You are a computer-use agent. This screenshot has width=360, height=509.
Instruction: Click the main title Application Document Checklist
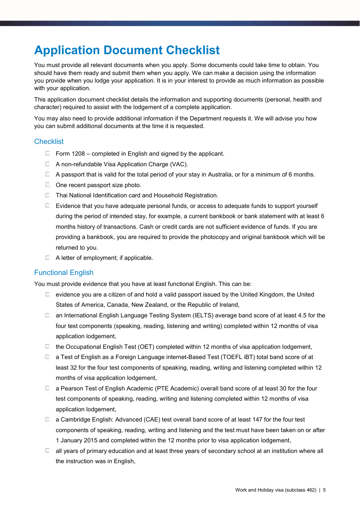pos(127,50)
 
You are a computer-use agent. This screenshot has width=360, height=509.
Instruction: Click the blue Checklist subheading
pos(49,142)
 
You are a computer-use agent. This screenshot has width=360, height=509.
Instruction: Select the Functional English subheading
pos(64,273)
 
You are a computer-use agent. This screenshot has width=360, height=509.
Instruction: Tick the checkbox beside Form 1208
pos(48,153)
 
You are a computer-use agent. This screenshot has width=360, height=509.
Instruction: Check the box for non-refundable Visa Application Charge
pos(48,164)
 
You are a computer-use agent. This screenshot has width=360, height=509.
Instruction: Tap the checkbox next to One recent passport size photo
pos(48,185)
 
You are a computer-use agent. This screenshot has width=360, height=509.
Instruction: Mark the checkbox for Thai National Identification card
pos(48,195)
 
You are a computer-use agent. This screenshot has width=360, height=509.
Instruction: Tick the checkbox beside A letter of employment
pos(48,258)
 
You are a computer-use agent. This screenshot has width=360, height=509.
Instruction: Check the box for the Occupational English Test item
pos(48,347)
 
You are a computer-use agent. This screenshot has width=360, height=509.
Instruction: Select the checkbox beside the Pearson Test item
pos(48,388)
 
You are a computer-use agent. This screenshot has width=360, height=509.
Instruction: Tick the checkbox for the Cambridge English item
pos(48,419)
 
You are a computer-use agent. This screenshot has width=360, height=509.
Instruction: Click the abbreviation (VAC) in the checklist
pos(178,164)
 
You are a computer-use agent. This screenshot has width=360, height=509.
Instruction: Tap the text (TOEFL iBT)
pos(238,357)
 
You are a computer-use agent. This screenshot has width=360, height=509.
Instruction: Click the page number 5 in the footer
pos(324,490)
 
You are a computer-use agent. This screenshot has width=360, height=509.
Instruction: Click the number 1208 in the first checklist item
pos(78,154)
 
